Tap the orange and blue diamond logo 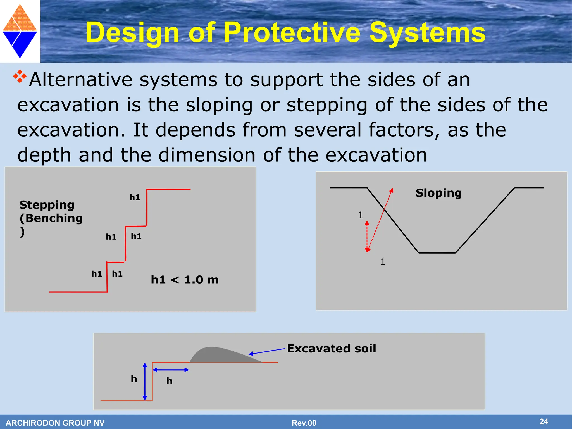point(20,31)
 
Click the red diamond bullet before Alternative point(20,76)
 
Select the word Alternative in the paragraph point(81,80)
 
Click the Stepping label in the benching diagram point(47,205)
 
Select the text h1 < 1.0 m point(185,280)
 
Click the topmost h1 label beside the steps point(135,197)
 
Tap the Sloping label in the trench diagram point(438,193)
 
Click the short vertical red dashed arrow point(367,236)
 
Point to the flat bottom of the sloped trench point(437,253)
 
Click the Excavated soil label point(332,349)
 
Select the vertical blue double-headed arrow point(145,381)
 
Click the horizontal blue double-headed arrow point(171,370)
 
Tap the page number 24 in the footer point(544,421)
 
